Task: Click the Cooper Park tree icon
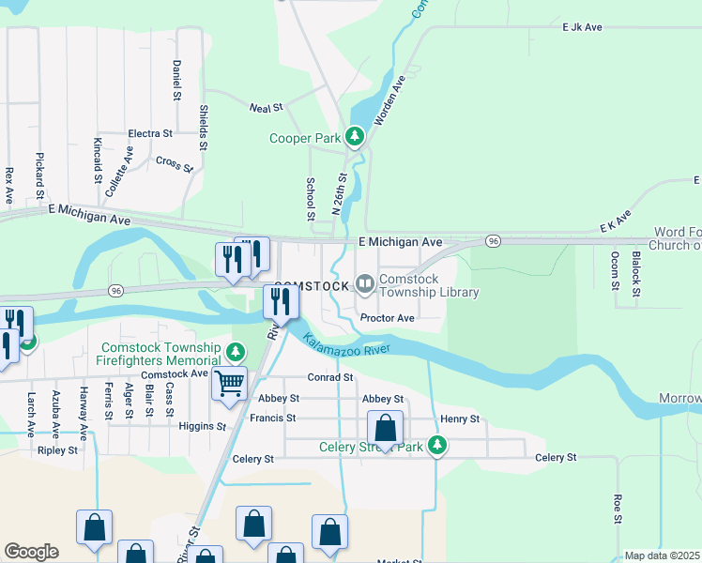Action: (x=355, y=138)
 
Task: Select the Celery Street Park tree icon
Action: (x=436, y=446)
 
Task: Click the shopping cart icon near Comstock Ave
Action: (x=229, y=383)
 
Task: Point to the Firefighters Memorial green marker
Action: (x=236, y=353)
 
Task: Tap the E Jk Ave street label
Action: (x=582, y=28)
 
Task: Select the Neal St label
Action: (x=260, y=109)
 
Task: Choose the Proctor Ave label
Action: (x=388, y=318)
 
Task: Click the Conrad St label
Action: (x=330, y=377)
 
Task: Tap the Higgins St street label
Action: (x=202, y=426)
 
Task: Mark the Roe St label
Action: (x=618, y=509)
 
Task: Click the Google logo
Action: (x=31, y=552)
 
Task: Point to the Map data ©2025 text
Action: (x=661, y=555)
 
